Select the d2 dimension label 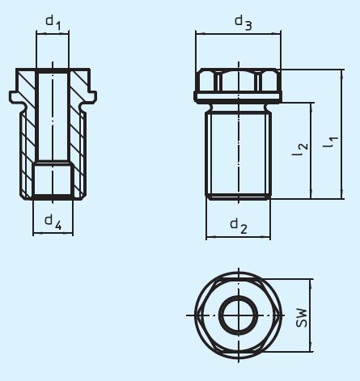click(x=238, y=224)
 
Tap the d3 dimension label click(x=243, y=23)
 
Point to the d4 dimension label click(x=53, y=220)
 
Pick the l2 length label click(x=300, y=146)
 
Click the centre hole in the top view click(x=239, y=315)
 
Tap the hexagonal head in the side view click(x=239, y=83)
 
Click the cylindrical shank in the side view click(x=239, y=154)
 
